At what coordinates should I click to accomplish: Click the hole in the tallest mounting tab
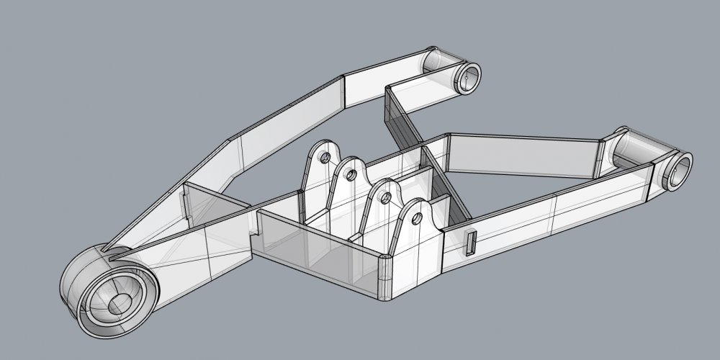coord(324,156)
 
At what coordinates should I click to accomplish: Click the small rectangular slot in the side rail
coord(472,243)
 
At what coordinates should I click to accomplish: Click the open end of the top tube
coord(470,78)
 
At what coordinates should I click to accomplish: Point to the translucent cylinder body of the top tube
coord(441,63)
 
